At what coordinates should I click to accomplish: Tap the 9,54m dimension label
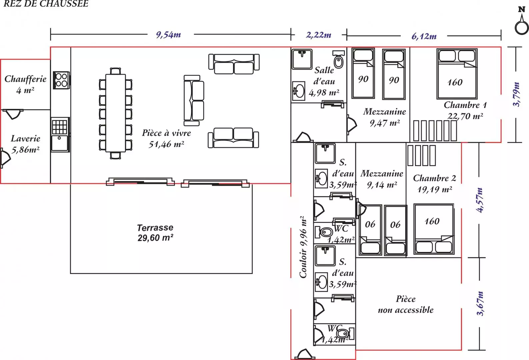point(168,35)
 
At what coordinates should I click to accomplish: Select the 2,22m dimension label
point(319,35)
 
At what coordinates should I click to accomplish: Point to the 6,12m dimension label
point(424,36)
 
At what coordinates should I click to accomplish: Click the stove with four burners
point(61,80)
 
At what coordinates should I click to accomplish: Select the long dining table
point(115,113)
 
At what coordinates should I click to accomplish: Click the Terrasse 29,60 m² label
point(155,233)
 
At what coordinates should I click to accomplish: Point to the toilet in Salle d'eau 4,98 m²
point(339,59)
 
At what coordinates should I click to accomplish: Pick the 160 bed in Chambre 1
point(457,74)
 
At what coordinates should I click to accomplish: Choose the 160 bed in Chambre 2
point(434,229)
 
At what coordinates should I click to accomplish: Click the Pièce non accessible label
point(406,304)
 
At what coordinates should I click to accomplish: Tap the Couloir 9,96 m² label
point(303,247)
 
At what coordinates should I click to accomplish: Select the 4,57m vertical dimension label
point(480,200)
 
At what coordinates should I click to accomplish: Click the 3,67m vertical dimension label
point(480,304)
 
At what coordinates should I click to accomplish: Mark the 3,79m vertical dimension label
point(516,94)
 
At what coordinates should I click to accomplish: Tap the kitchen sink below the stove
point(60,143)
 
